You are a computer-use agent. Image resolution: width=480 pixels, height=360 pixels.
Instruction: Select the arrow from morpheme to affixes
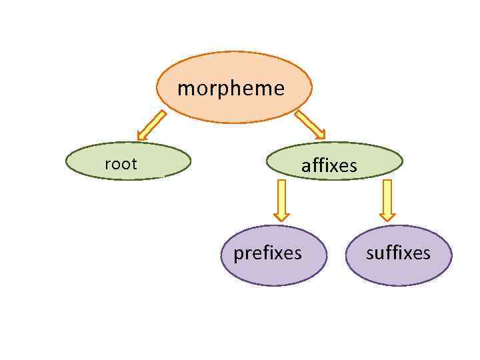pyautogui.click(x=309, y=125)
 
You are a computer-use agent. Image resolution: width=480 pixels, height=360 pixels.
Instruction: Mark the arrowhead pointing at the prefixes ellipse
pyautogui.click(x=282, y=215)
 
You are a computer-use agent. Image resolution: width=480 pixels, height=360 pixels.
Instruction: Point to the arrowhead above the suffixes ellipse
pyautogui.click(x=387, y=215)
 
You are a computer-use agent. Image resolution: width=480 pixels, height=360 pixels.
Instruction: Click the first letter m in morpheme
pyautogui.click(x=185, y=89)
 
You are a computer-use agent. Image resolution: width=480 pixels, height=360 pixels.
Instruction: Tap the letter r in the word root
pyautogui.click(x=108, y=165)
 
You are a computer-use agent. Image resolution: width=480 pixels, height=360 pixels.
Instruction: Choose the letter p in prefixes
pyautogui.click(x=238, y=255)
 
